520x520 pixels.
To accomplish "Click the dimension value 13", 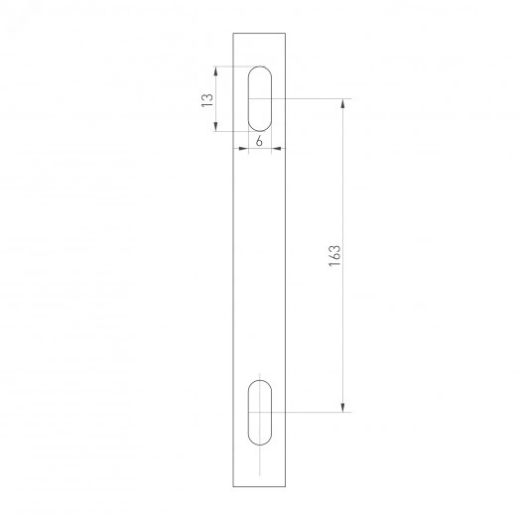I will pos(206,99).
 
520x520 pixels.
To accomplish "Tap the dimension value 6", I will pos(259,141).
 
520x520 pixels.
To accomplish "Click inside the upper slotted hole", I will pos(259,98).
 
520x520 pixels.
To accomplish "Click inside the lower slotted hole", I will pos(259,411).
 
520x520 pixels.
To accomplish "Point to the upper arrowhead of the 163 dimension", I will pos(343,102).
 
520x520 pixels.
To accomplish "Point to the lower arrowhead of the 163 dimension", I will pos(343,407).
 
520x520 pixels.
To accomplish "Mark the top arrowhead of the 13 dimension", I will pos(217,69).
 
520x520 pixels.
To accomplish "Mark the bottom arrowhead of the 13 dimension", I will pos(217,127).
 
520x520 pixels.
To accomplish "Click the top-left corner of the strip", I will pos(233,34).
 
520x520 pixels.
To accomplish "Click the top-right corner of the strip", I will pos(285,34).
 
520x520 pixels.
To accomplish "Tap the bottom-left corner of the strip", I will pos(233,486).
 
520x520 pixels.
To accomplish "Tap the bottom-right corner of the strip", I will pos(285,486).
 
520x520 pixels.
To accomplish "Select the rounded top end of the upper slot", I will pos(259,69).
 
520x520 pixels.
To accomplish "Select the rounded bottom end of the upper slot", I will pos(259,128).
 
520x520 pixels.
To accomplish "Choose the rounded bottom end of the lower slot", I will pos(259,441).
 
